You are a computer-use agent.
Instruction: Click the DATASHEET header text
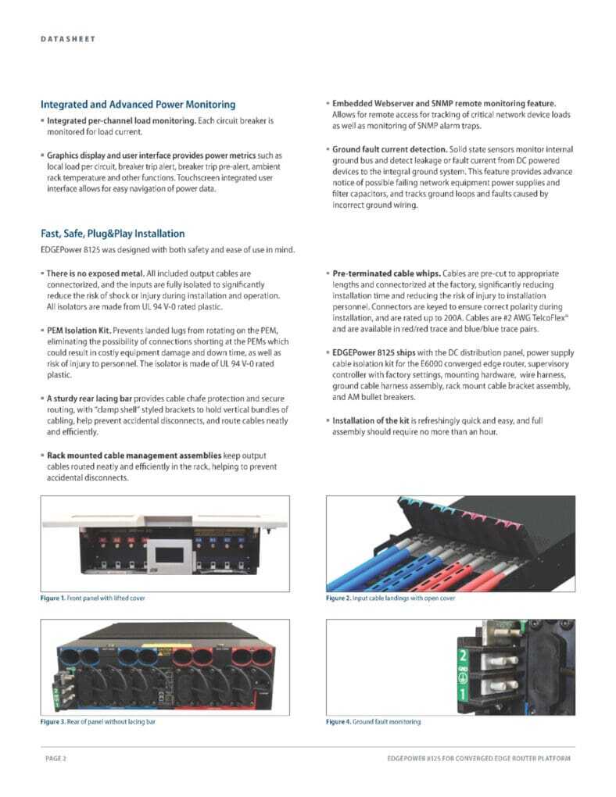pyautogui.click(x=68, y=38)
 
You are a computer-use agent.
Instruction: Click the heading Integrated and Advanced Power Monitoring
pyautogui.click(x=138, y=104)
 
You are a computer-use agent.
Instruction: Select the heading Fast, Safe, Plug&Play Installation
pyautogui.click(x=113, y=234)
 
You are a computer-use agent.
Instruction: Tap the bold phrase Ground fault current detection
pyautogui.click(x=389, y=149)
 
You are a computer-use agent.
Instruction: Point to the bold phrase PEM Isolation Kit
pyautogui.click(x=78, y=331)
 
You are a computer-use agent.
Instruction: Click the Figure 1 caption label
pyautogui.click(x=53, y=599)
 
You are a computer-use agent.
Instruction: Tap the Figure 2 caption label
pyautogui.click(x=338, y=599)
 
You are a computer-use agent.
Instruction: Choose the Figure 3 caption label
pyautogui.click(x=53, y=722)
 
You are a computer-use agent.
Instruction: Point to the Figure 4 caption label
pyautogui.click(x=338, y=722)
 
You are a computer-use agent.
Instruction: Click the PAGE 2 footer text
pyautogui.click(x=56, y=759)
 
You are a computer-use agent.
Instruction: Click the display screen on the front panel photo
pyautogui.click(x=170, y=555)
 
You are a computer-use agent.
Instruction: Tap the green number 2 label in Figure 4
pyautogui.click(x=463, y=656)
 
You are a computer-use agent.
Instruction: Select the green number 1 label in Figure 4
pyautogui.click(x=463, y=694)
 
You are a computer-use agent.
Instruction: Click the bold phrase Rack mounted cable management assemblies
pyautogui.click(x=134, y=456)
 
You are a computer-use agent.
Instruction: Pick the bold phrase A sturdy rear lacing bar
pyautogui.click(x=90, y=398)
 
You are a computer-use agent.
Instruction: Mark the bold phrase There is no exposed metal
pyautogui.click(x=95, y=273)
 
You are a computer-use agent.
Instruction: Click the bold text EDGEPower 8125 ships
pyautogui.click(x=374, y=352)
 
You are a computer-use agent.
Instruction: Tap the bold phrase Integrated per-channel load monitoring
pyautogui.click(x=122, y=121)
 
